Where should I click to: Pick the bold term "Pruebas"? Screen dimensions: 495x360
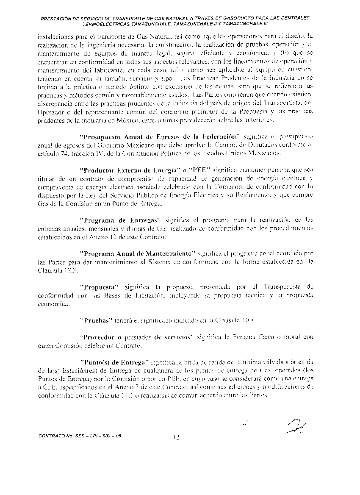[x=95, y=320]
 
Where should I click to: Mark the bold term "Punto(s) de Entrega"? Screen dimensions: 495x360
[x=114, y=362]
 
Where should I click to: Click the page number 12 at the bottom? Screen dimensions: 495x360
[x=177, y=437]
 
